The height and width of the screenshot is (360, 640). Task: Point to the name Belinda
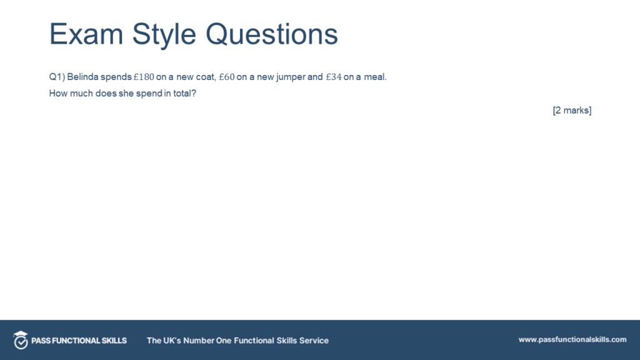coord(82,77)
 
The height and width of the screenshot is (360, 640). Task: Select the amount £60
coord(226,77)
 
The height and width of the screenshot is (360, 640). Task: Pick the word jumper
coord(290,77)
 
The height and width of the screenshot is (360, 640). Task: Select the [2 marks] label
coord(572,111)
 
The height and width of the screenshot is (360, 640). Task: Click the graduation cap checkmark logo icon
coord(21,339)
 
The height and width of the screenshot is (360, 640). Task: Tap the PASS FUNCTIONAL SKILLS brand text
coord(79,341)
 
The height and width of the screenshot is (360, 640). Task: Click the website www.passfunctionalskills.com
coord(572,339)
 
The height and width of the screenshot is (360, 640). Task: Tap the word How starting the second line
coord(57,94)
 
